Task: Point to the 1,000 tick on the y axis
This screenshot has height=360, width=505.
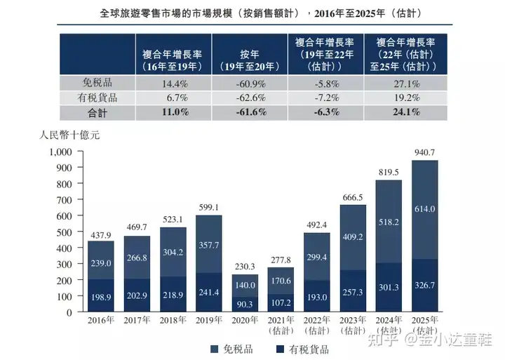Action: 60,152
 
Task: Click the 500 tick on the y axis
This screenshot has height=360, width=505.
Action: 65,232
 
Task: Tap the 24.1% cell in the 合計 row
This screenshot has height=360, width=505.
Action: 405,112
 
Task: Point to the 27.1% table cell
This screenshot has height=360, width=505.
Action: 405,82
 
